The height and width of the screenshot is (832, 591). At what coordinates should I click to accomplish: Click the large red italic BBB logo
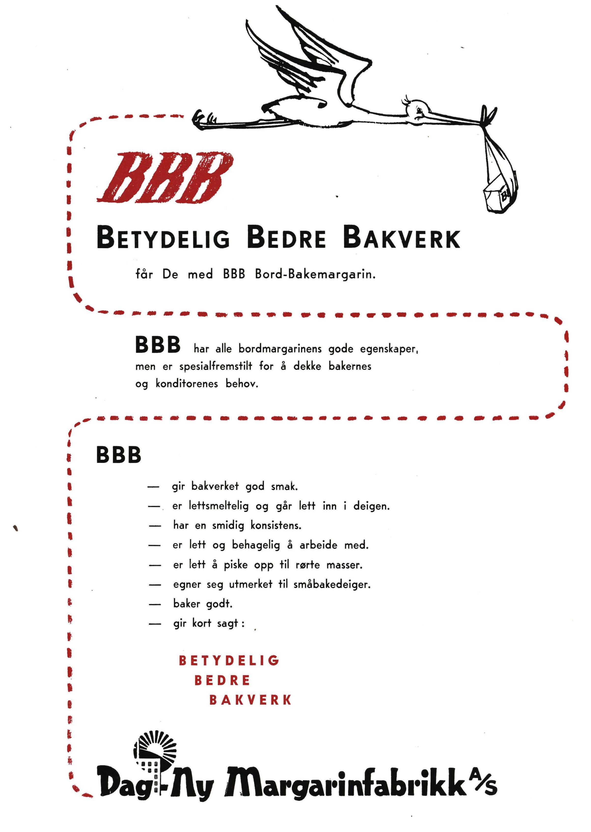coord(165,178)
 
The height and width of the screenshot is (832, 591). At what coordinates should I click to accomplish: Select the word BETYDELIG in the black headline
coord(164,239)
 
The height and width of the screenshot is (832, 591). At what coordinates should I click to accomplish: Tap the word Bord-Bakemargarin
coord(315,274)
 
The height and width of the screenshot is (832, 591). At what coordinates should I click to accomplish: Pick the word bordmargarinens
coord(280,349)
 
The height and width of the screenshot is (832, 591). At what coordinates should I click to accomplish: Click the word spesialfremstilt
coord(215,366)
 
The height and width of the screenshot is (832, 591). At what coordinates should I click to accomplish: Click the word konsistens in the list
coord(276,526)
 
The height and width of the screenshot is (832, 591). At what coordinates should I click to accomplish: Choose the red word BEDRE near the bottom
coord(222,680)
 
